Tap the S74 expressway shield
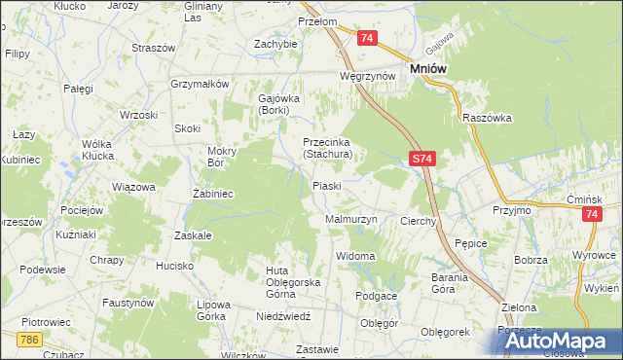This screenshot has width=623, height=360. pyautogui.click(x=420, y=157)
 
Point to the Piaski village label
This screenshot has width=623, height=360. pyautogui.click(x=325, y=185)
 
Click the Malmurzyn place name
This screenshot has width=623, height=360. pyautogui.click(x=349, y=221)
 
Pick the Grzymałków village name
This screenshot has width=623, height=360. pyautogui.click(x=199, y=84)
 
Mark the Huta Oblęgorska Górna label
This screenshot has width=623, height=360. pyautogui.click(x=280, y=276)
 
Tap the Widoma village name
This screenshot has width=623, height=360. pyautogui.click(x=355, y=256)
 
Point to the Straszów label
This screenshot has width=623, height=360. pyautogui.click(x=153, y=48)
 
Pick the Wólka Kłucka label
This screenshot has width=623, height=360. pyautogui.click(x=97, y=150)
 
